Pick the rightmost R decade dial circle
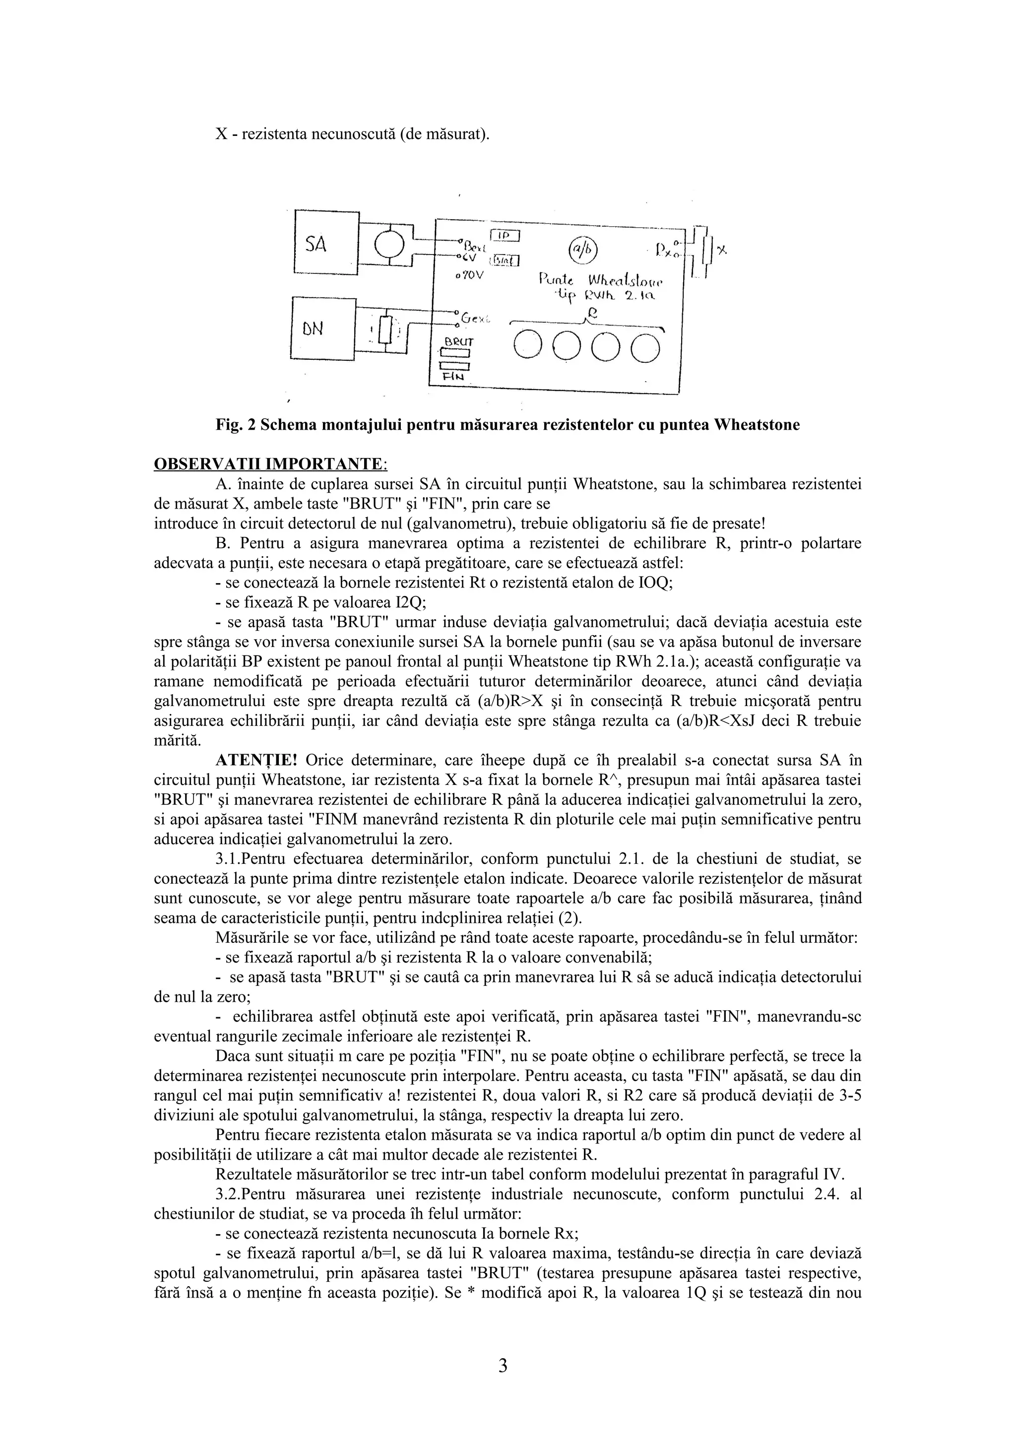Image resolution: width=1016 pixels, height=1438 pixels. tap(645, 348)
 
